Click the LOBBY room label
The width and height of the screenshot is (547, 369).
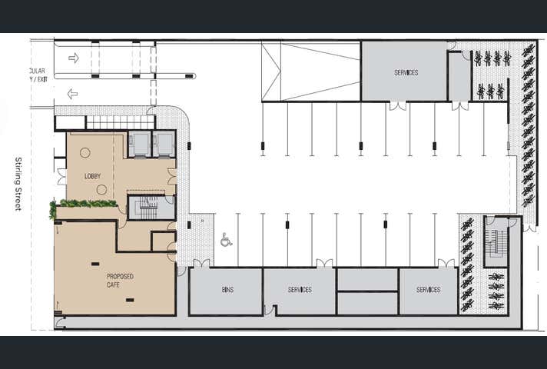92,177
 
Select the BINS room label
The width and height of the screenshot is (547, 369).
227,290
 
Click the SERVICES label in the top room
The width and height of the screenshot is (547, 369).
406,73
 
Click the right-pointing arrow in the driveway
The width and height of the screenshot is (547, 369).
74,58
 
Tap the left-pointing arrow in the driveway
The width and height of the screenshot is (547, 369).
73,94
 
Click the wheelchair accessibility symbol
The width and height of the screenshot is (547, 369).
226,241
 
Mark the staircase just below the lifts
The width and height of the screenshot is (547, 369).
150,207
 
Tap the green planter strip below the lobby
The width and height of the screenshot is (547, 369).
84,204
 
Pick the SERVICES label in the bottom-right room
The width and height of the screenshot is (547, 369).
428,290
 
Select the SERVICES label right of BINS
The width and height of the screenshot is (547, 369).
300,290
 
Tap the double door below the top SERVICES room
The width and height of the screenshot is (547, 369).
398,106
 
